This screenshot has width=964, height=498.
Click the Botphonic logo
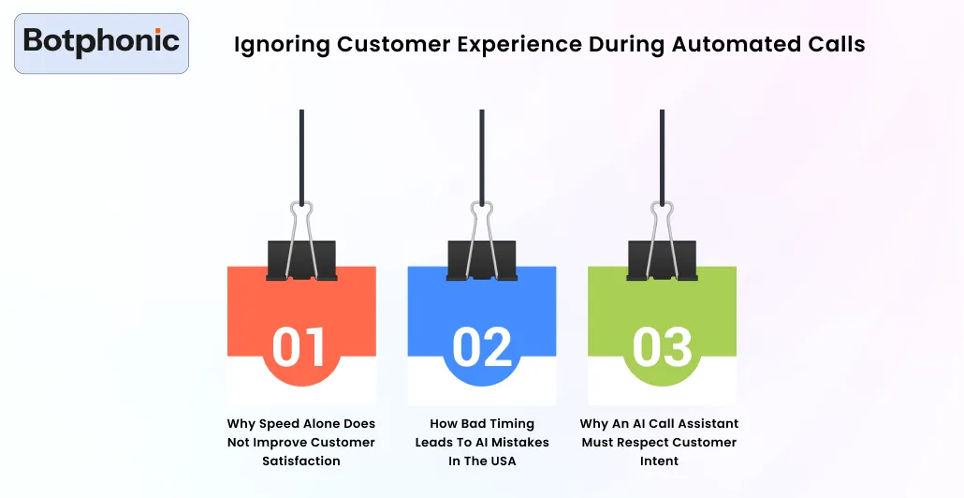(101, 42)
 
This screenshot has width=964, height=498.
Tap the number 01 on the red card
(299, 346)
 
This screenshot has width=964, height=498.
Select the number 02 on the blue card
(482, 346)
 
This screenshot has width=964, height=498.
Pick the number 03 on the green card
(662, 346)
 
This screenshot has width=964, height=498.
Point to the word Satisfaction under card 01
(301, 461)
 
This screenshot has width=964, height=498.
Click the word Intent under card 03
(661, 461)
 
